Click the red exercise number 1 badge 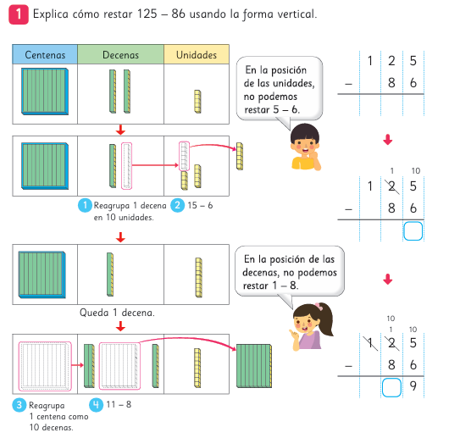coord(19,14)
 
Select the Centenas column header coord(45,54)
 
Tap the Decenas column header coord(120,54)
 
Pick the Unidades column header coord(197,54)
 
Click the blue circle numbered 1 coord(85,205)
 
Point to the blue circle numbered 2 coord(178,205)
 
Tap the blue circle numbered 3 coord(19,405)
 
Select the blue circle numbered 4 coord(96,405)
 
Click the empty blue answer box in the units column coord(413,231)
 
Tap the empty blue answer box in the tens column coord(391,387)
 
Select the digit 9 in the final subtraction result coord(413,386)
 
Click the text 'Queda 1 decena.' coord(117,313)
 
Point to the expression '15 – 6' coord(200,205)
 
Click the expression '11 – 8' coord(119,405)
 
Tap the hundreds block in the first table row coord(45,91)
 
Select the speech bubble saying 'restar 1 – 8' coord(290,272)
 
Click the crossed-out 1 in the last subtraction coord(370,343)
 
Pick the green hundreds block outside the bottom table coord(254,366)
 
